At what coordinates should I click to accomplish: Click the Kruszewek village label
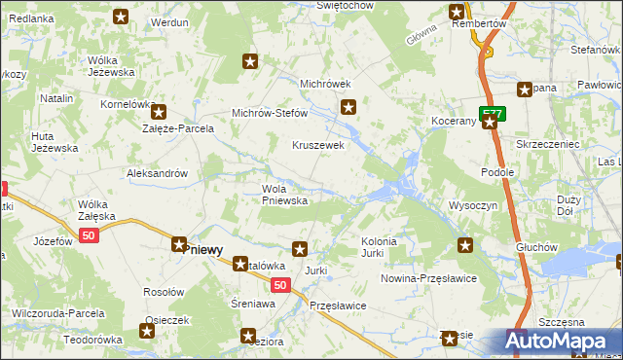point(319,145)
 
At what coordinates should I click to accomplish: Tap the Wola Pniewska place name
point(284,195)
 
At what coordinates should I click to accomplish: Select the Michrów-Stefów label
point(269,113)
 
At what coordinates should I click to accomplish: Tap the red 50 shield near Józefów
point(91,236)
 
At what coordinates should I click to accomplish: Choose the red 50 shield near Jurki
point(279,285)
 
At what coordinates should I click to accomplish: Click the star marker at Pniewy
point(180,246)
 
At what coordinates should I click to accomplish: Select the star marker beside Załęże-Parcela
point(159,113)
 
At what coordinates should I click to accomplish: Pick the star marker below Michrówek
point(350,107)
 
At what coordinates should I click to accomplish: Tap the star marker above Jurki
point(301,249)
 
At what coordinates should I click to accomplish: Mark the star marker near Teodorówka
point(147,331)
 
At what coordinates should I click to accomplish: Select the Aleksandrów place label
point(158,173)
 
